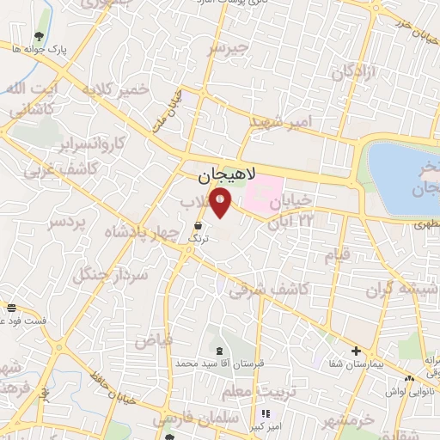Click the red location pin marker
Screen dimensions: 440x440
(x=222, y=204)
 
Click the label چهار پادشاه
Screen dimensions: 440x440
(x=135, y=233)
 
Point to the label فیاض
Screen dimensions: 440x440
(x=154, y=340)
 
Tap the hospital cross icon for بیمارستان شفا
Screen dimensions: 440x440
(x=356, y=351)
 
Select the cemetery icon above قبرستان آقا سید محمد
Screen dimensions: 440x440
(x=217, y=350)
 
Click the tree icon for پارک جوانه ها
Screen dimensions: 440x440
(x=39, y=37)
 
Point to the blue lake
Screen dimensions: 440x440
(x=405, y=176)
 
